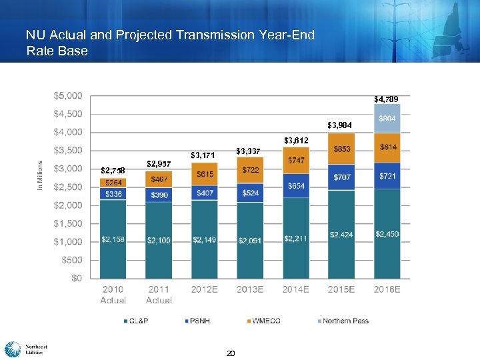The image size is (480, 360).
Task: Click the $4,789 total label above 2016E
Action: [386, 99]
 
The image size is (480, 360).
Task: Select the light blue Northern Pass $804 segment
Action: [387, 118]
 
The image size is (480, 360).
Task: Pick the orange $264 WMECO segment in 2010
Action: [113, 183]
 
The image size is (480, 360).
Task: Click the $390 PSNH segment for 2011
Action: [159, 194]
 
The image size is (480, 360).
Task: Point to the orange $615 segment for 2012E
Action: [204, 174]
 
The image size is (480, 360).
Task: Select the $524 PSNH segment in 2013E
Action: [250, 193]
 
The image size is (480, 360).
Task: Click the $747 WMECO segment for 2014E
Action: [296, 161]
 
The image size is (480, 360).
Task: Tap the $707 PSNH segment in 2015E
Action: [341, 177]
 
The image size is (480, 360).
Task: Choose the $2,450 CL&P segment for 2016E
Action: [387, 234]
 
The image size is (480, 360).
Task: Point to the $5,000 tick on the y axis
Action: [68, 95]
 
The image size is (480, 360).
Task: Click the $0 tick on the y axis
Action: [77, 278]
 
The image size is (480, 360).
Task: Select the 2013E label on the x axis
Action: [250, 289]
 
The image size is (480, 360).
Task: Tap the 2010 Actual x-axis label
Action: [113, 295]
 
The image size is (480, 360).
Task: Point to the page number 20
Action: [231, 353]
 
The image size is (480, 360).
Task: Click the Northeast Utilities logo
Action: [26, 349]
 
